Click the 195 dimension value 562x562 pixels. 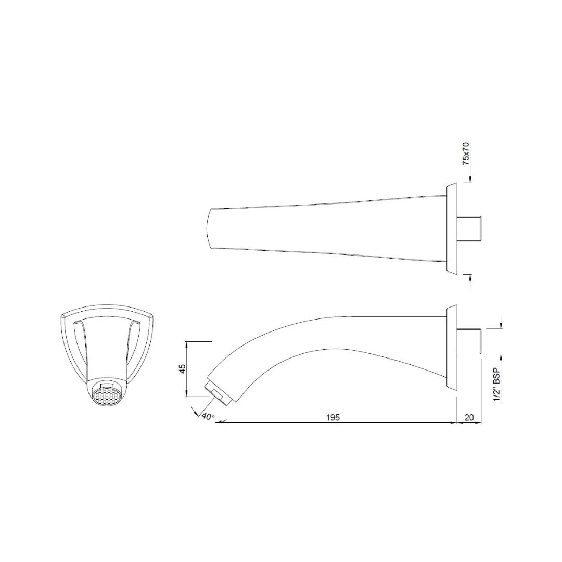pos(333,417)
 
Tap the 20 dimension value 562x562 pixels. pos(469,417)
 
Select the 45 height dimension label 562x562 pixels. pos(183,369)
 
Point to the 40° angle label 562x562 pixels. pos(208,417)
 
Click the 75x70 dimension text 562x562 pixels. pos(466,153)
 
